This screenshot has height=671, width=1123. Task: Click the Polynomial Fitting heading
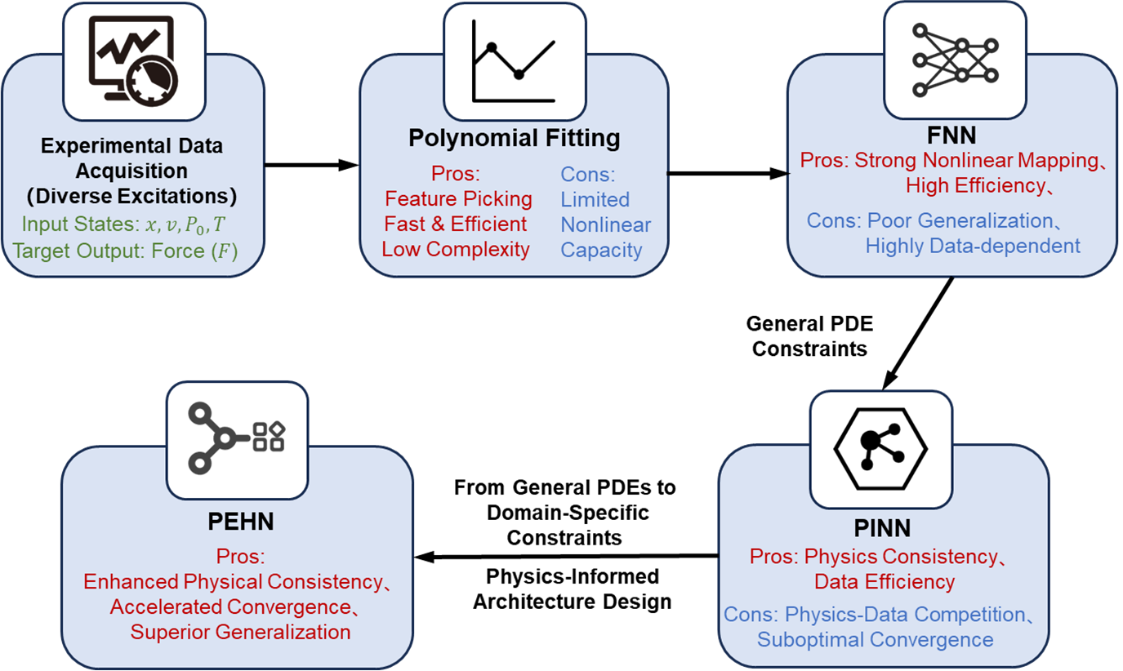tap(514, 139)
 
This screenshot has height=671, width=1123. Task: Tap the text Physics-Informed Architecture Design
tap(573, 589)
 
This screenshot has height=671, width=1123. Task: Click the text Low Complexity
tap(456, 249)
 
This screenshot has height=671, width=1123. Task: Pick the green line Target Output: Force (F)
tap(125, 251)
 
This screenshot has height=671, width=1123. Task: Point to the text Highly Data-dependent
tap(973, 245)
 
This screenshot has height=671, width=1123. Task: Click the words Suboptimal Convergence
tap(875, 639)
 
